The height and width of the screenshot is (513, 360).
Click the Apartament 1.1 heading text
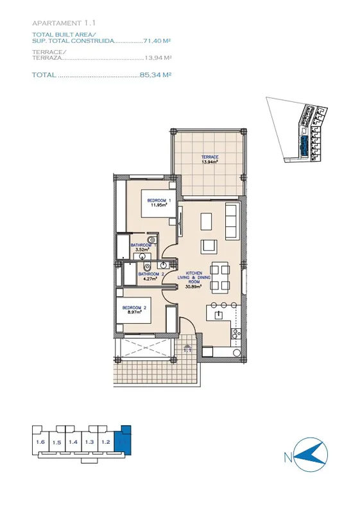tap(64, 23)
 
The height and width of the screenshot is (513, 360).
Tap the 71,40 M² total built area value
tap(157, 41)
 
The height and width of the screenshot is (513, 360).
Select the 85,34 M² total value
tap(156, 75)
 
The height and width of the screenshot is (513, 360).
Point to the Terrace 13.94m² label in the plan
tap(210, 159)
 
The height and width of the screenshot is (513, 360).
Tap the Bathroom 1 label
tap(143, 247)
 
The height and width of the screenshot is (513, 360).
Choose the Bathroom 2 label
tap(151, 276)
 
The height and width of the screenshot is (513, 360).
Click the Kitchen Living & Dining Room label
tap(194, 280)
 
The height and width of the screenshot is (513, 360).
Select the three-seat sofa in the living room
tap(232, 221)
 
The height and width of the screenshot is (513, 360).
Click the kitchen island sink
tap(218, 315)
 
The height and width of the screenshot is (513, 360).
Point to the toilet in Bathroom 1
tap(151, 240)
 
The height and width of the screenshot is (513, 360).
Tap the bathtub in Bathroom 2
tap(130, 274)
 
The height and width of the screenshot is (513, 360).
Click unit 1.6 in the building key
tap(40, 442)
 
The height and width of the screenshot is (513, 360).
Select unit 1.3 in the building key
tap(89, 442)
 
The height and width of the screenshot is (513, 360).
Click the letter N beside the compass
tap(288, 457)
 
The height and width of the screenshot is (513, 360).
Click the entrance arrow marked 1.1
tap(187, 348)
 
